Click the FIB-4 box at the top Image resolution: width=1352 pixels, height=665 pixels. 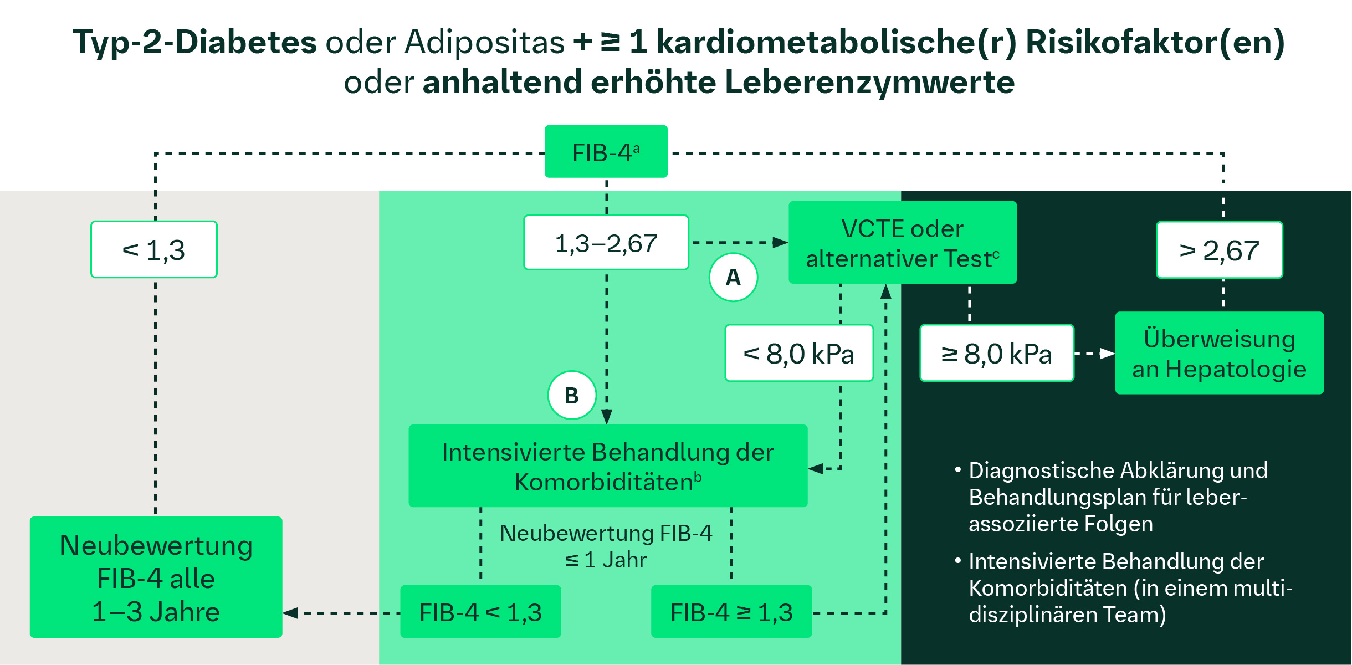pyautogui.click(x=606, y=152)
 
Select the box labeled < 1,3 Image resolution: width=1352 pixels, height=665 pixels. pyautogui.click(x=154, y=250)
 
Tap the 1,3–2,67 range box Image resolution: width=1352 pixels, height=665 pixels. pyautogui.click(x=606, y=243)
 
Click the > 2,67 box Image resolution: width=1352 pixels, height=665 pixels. pyautogui.click(x=1219, y=250)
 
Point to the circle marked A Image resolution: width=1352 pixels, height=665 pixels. pyautogui.click(x=733, y=277)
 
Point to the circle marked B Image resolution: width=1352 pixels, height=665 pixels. pyautogui.click(x=571, y=396)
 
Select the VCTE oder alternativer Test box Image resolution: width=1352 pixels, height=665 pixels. pyautogui.click(x=902, y=243)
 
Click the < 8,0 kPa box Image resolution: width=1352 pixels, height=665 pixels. pyautogui.click(x=798, y=354)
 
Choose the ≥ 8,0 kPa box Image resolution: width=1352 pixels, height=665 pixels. pyautogui.click(x=996, y=354)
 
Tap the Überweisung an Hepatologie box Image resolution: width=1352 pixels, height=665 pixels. pyautogui.click(x=1219, y=354)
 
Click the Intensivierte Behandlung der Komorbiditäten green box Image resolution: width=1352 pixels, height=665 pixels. pyautogui.click(x=607, y=466)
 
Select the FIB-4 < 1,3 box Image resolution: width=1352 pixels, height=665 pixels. pyautogui.click(x=480, y=612)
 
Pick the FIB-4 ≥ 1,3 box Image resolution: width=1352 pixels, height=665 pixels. pyautogui.click(x=731, y=612)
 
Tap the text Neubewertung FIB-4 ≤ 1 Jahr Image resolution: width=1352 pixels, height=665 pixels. pyautogui.click(x=606, y=546)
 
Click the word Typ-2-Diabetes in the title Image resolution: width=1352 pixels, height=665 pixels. pyautogui.click(x=194, y=42)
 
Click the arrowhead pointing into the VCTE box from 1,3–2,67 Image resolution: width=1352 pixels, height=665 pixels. pyautogui.click(x=780, y=242)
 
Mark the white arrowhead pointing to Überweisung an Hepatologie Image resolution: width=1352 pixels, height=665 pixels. pyautogui.click(x=1107, y=354)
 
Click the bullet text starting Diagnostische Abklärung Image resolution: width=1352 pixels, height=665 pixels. pyautogui.click(x=1117, y=497)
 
